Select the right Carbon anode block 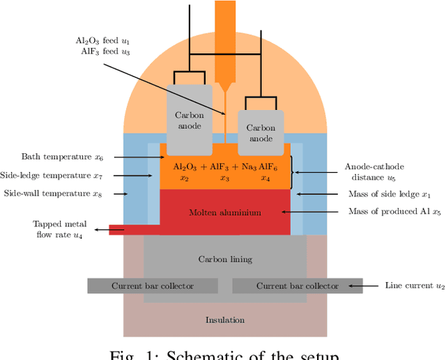(261, 132)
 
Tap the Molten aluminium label (225, 212)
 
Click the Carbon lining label (225, 259)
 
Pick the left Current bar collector (153, 286)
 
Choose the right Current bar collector (298, 286)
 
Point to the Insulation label (225, 320)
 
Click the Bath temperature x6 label (63, 157)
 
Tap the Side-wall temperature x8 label (53, 194)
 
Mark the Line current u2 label (415, 285)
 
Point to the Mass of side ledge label (395, 194)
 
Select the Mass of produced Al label (394, 212)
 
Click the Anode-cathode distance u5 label (374, 171)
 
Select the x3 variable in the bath (225, 178)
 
